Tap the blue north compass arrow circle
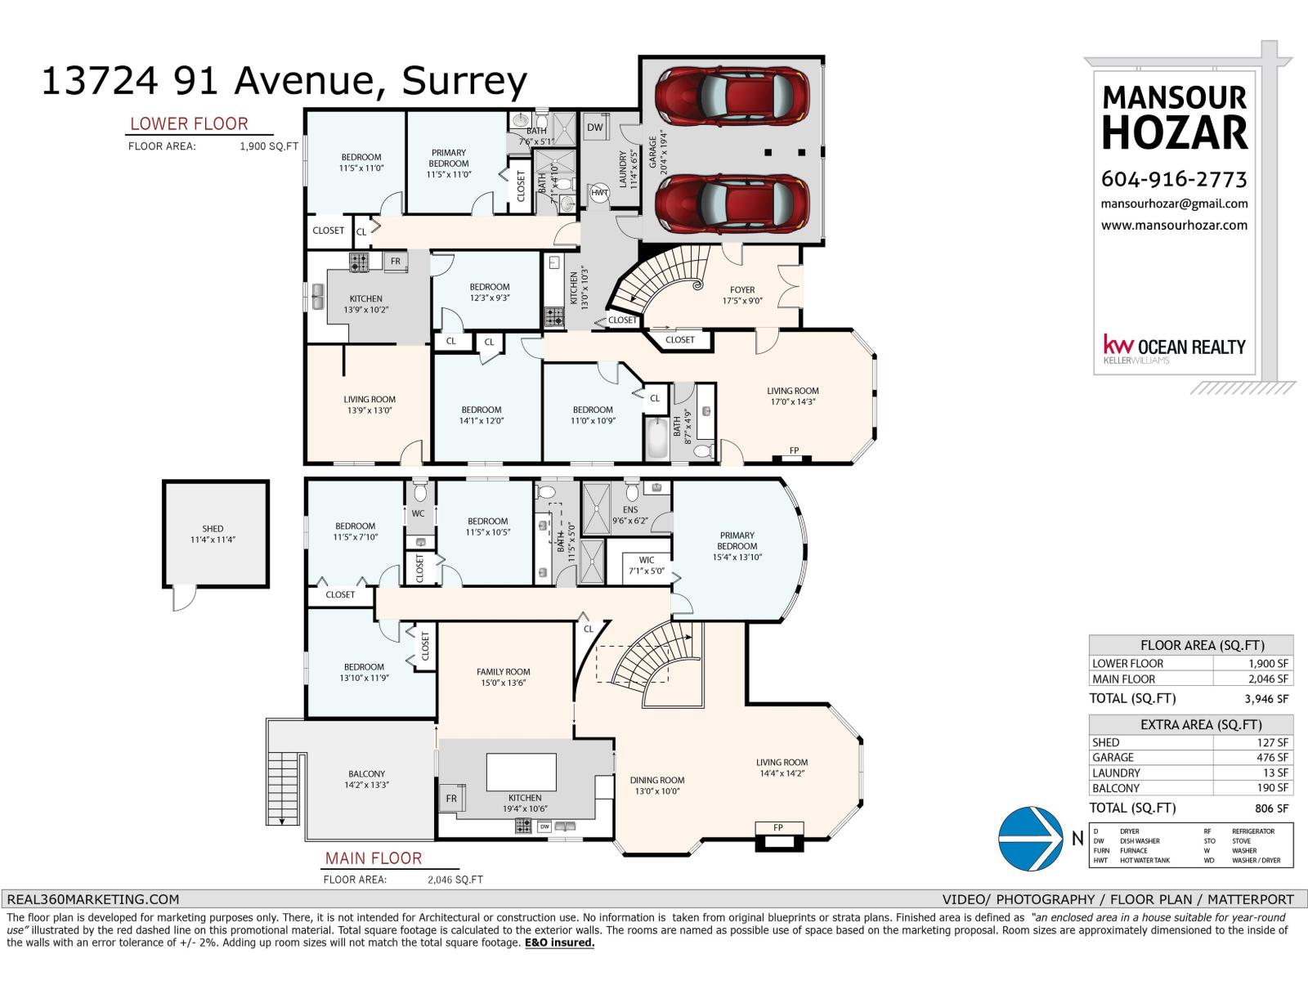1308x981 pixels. point(1030,838)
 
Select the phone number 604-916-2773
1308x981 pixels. point(1174,179)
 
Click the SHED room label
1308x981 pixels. point(213,528)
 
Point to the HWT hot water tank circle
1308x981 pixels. point(599,192)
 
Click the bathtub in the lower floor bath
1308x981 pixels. point(656,438)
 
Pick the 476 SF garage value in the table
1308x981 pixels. point(1272,757)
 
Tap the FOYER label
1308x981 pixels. point(742,289)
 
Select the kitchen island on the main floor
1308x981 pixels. point(522,772)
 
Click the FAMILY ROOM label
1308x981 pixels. point(503,671)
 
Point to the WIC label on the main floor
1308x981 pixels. point(647,560)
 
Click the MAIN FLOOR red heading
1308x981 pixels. point(374,858)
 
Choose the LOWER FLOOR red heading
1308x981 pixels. point(189,124)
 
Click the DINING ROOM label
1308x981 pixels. point(657,780)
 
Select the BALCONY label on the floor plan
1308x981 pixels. point(366,773)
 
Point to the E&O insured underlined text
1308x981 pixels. point(559,943)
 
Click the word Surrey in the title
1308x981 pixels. point(464,82)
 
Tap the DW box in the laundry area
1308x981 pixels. point(594,128)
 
